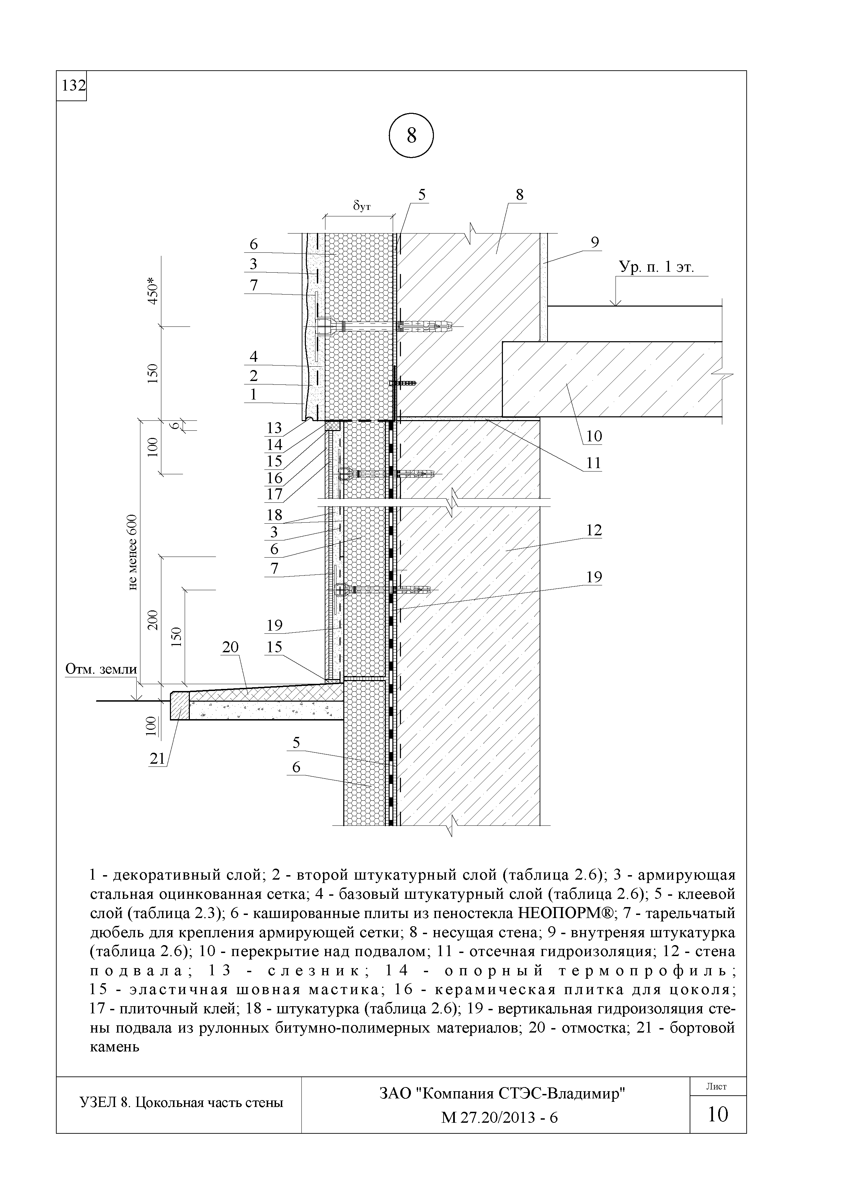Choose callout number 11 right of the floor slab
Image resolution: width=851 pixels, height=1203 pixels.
click(594, 463)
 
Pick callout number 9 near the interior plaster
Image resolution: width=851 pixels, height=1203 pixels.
click(595, 242)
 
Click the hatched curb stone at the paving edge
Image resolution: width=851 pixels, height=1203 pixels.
click(179, 706)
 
